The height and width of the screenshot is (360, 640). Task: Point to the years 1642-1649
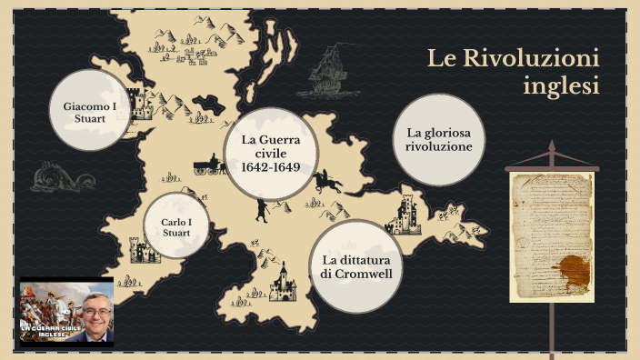[270, 167]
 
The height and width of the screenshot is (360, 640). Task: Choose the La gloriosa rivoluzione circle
[439, 140]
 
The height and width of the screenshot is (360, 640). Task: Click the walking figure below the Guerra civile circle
[261, 211]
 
